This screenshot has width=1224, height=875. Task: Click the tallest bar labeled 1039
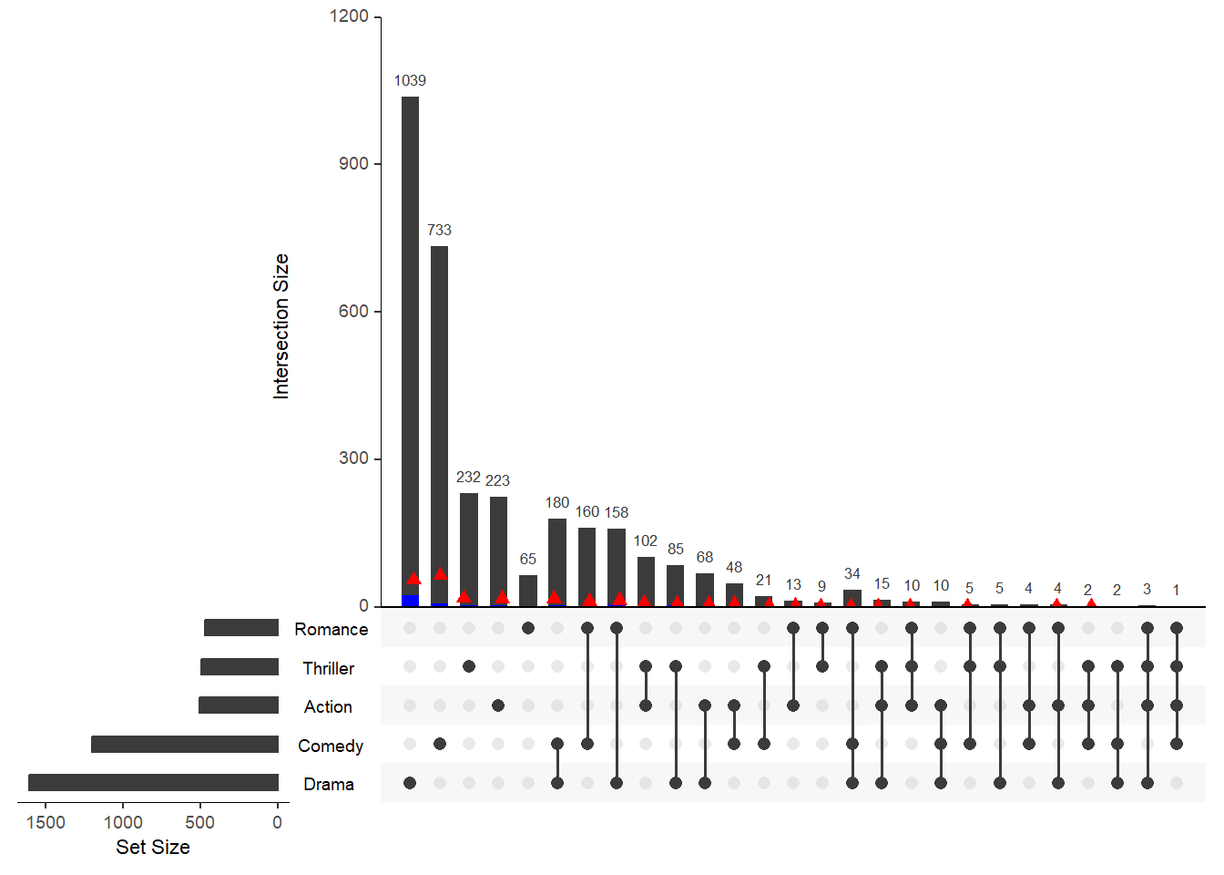coord(410,346)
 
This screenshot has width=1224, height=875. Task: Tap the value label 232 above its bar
coord(468,477)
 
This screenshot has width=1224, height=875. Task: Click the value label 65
coord(528,559)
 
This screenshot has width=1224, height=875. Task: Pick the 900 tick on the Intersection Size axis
coord(353,164)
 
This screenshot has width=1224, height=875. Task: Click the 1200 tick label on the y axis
coord(349,16)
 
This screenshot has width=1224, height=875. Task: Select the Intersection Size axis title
coord(280,326)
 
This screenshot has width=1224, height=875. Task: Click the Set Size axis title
coord(153,847)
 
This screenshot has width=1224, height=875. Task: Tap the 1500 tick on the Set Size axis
coord(46,822)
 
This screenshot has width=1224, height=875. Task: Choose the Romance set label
coord(331,629)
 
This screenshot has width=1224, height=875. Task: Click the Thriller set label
coord(328,668)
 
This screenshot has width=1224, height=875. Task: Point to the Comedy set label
coord(330,746)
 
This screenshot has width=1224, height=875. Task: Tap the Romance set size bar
coord(241,627)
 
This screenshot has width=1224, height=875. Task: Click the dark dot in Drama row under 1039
coord(410,783)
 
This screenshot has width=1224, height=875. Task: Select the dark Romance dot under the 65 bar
coord(528,628)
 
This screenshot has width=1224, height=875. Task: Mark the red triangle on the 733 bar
coord(441,573)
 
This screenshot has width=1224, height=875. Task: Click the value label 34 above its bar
coord(852,573)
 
